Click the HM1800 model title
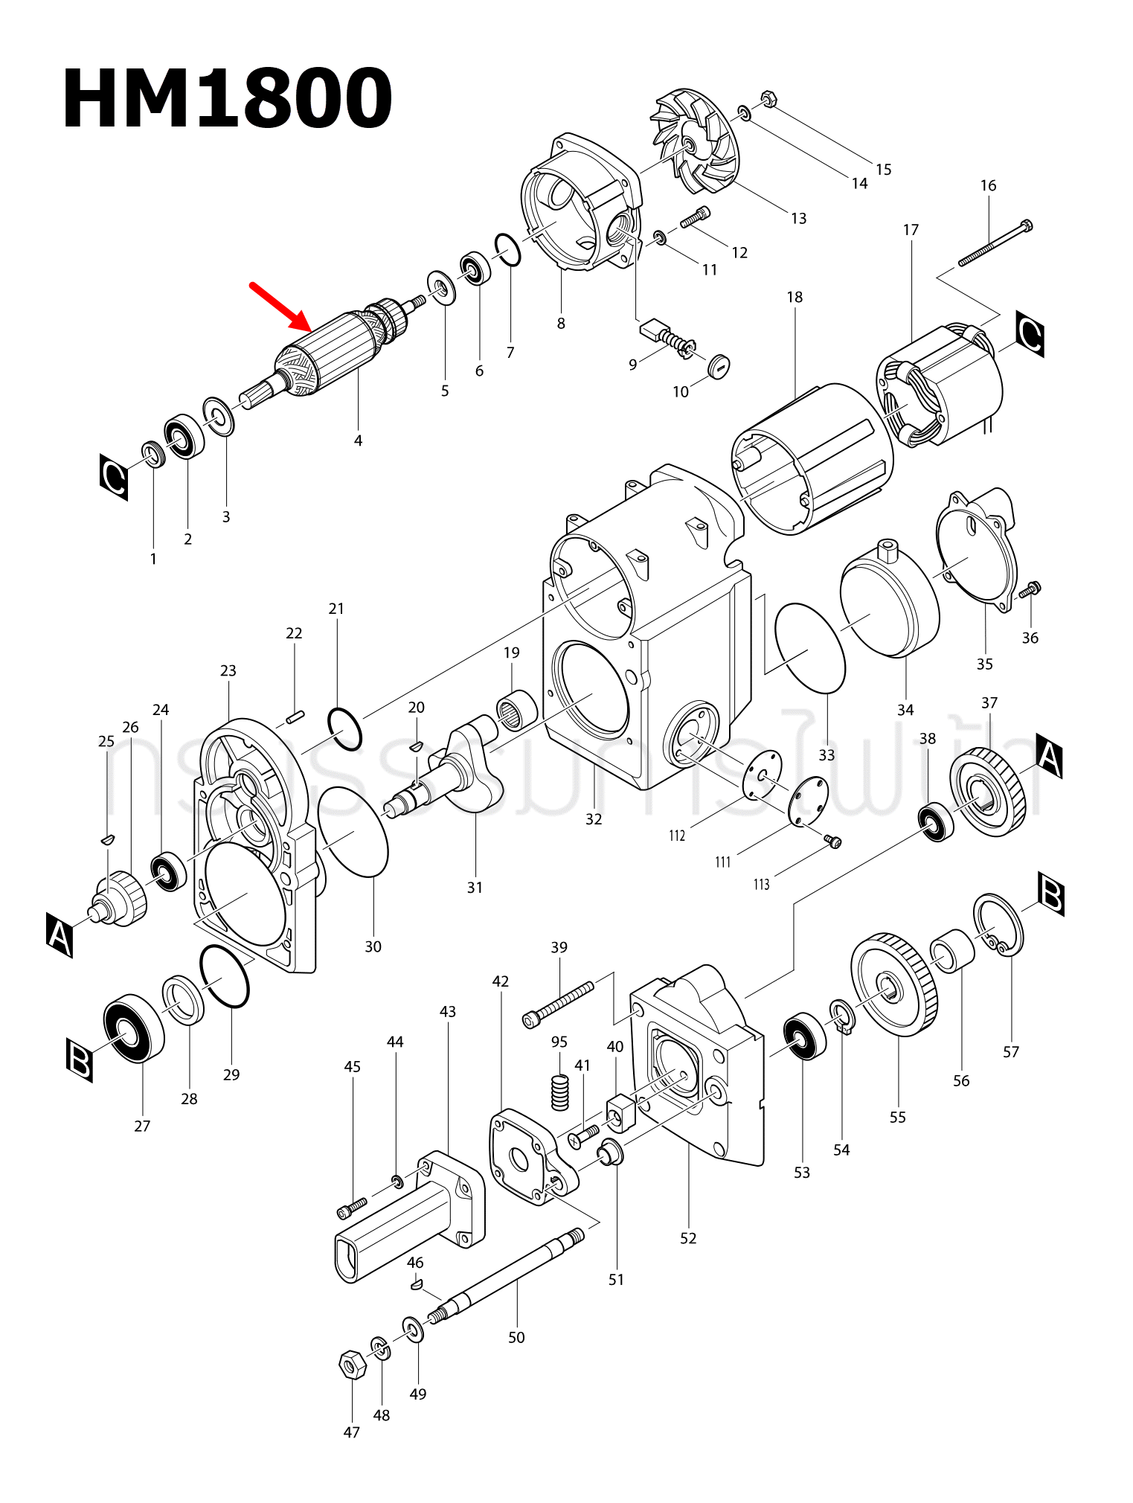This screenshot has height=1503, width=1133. tap(227, 99)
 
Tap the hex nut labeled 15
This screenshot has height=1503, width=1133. tap(769, 98)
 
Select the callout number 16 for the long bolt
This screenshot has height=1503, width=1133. tap(988, 186)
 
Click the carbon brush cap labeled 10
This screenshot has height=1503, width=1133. tap(718, 365)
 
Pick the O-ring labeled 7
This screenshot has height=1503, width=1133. tap(508, 249)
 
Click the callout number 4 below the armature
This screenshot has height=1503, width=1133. tap(358, 440)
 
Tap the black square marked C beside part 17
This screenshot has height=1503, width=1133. tap(1030, 334)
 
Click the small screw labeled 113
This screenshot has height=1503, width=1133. tap(833, 841)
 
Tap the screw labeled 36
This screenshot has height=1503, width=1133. tap(1030, 590)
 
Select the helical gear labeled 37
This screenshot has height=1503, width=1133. tap(988, 792)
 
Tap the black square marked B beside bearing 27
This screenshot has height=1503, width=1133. tap(80, 1060)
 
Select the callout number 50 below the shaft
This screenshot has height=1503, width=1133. tap(516, 1337)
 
